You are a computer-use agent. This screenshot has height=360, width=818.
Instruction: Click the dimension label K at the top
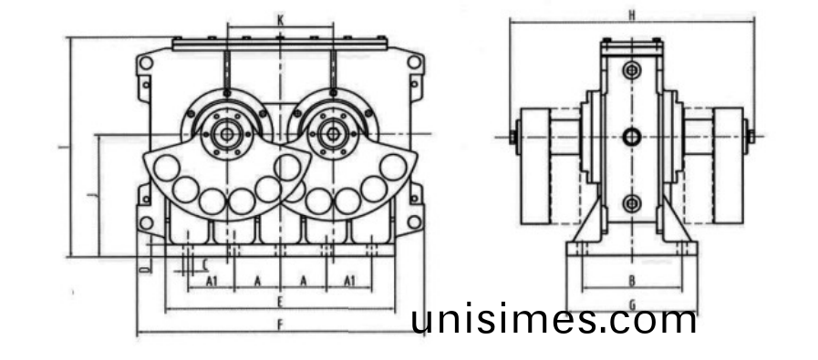pos(281,19)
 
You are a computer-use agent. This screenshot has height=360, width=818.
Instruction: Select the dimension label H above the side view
pos(632,15)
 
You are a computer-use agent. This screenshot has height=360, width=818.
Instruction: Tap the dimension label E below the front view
pos(281,301)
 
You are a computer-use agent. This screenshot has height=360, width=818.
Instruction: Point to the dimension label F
pos(281,324)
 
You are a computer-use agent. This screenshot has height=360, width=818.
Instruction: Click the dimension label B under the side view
pos(632,280)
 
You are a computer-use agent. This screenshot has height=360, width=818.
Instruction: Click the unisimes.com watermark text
pos(554,320)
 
